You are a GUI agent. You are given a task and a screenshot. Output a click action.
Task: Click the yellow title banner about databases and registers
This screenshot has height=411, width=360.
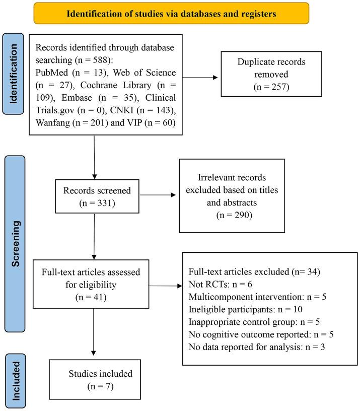click(171, 14)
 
